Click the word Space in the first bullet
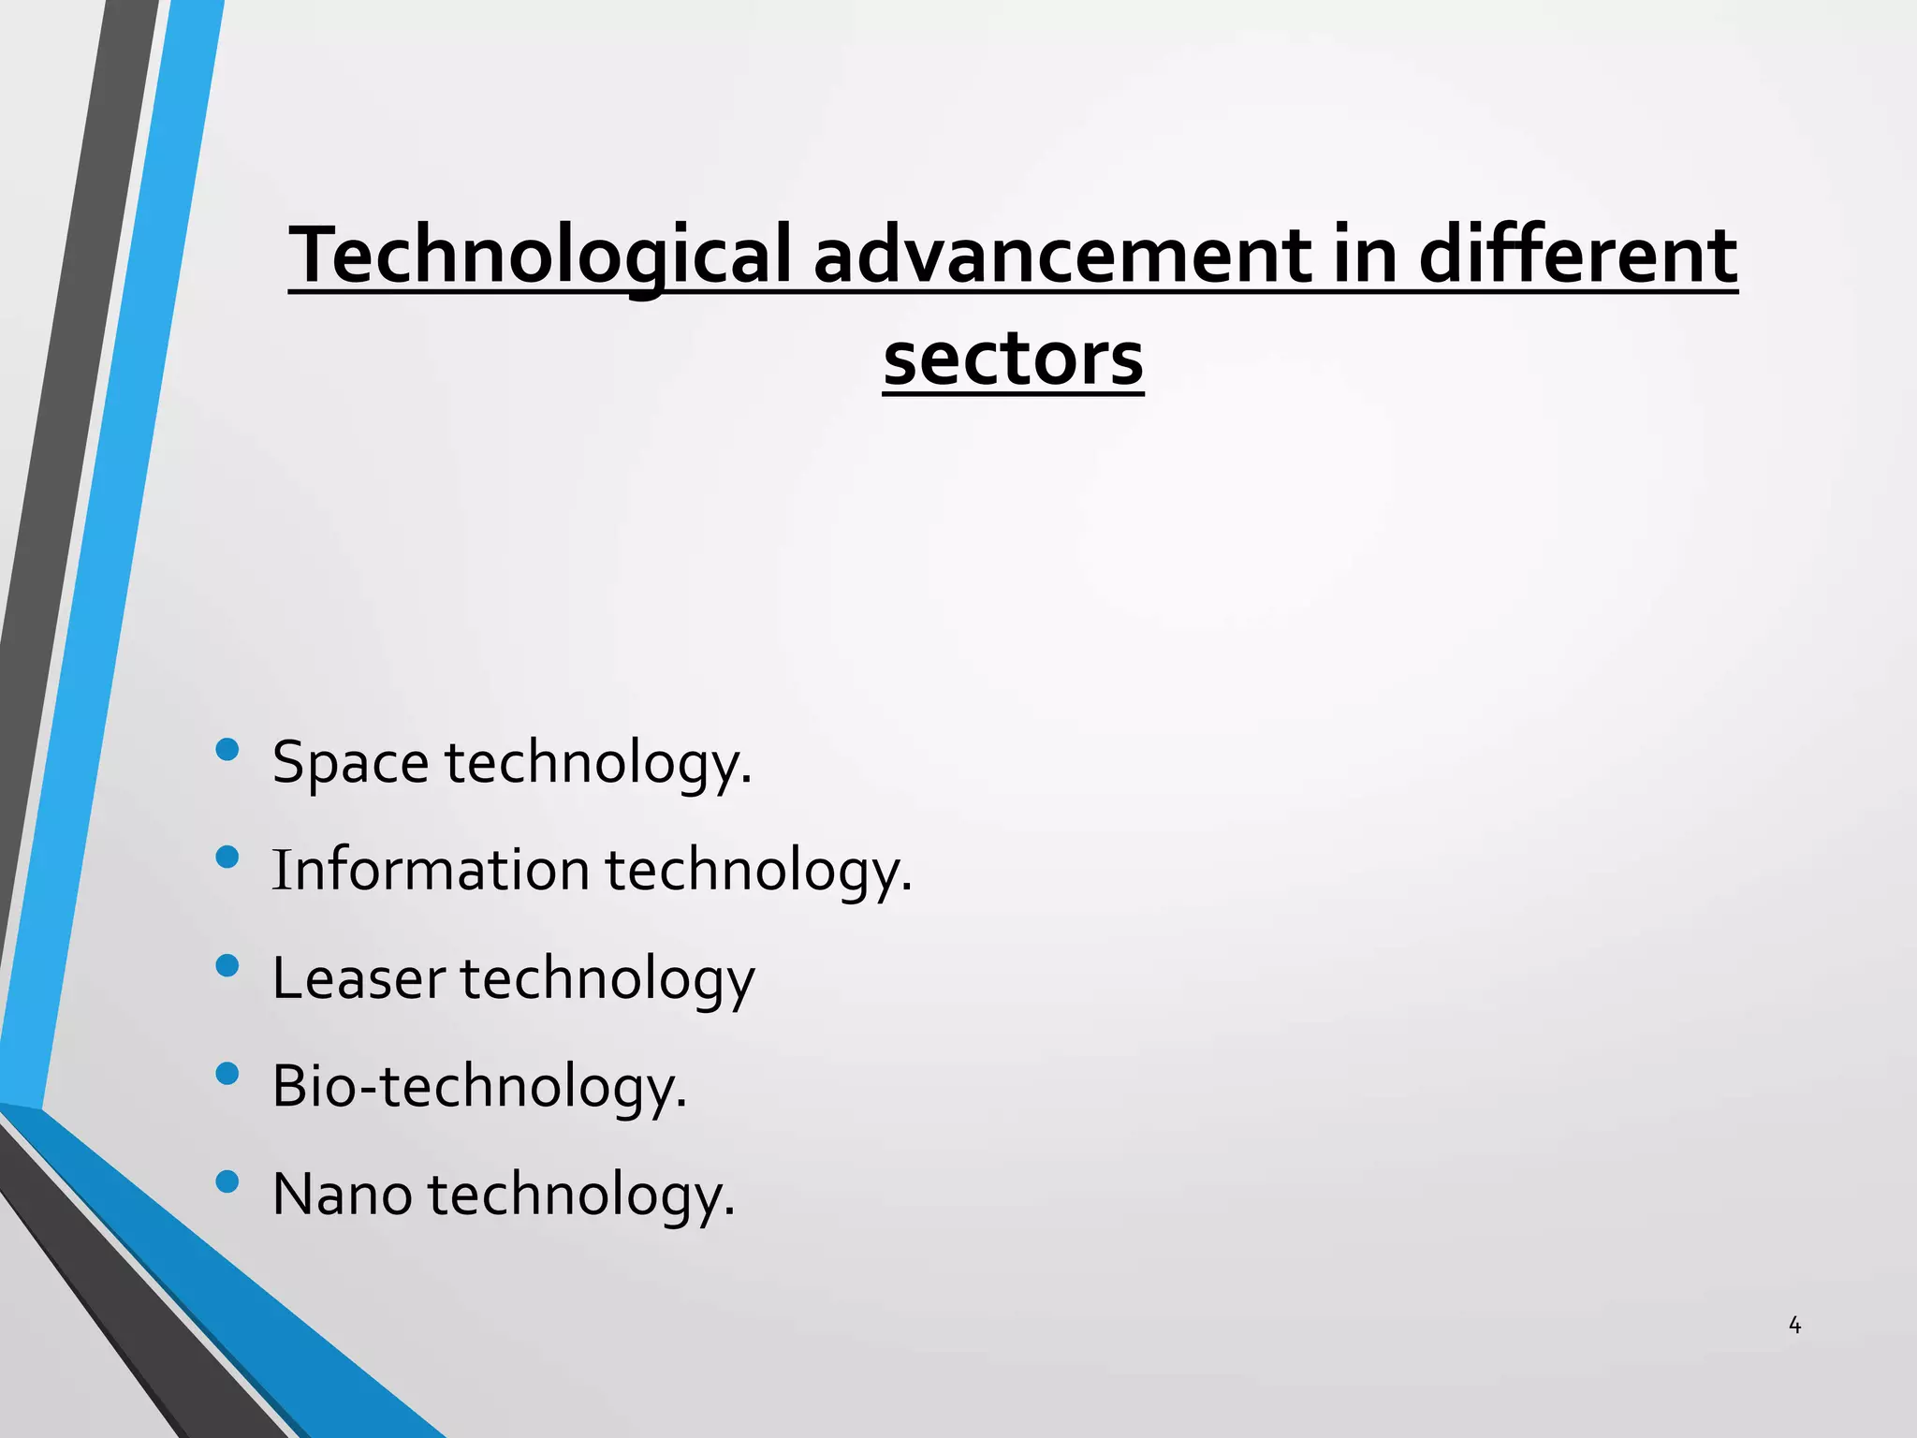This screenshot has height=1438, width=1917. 350,763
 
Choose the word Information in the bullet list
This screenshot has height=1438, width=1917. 431,870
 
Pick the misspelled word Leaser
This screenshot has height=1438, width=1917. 359,978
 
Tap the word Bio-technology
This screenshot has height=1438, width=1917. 479,1087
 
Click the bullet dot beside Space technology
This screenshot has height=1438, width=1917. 227,749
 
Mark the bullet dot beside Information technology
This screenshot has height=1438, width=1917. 227,857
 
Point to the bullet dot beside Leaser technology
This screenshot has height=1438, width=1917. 227,965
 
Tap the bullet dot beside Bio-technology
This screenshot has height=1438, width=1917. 227,1073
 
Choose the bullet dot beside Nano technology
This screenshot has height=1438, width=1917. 227,1181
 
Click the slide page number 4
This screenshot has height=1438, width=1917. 1794,1326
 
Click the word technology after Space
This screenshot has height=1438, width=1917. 598,763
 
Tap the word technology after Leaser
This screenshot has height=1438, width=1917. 607,978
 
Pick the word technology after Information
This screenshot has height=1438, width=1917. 758,870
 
